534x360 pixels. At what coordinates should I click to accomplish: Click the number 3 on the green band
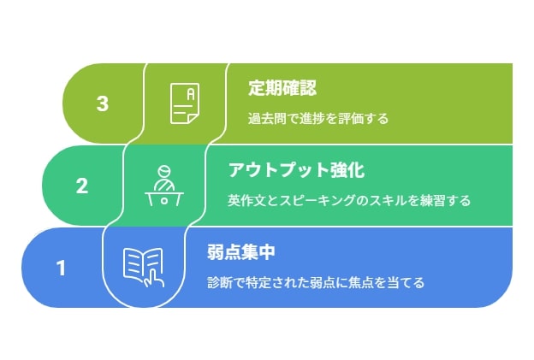pos(103,103)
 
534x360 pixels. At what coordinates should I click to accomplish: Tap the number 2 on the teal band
pos(82,186)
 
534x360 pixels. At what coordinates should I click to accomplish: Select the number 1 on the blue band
pos(62,269)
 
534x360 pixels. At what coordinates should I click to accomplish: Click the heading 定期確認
pos(282,88)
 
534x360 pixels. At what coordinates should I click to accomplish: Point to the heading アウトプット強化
pos(296,170)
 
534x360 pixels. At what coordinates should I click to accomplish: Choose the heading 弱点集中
pos(241,252)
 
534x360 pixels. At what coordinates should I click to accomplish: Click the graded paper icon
pos(185,103)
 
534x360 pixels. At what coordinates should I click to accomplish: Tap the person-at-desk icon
pos(164,186)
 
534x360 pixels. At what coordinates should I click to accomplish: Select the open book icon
pos(144,268)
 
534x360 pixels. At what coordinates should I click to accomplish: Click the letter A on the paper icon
pos(191,94)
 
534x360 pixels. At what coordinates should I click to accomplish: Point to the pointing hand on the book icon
pos(155,278)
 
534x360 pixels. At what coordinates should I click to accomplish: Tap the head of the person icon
pos(164,171)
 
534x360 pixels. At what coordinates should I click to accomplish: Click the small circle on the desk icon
pos(164,200)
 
